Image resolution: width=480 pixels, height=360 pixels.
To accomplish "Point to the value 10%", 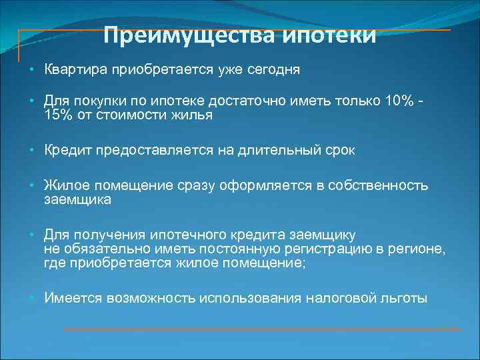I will coord(399,101).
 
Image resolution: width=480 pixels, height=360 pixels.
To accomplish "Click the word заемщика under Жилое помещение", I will coord(77,199).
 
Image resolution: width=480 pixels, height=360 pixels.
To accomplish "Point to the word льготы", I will coord(403,298).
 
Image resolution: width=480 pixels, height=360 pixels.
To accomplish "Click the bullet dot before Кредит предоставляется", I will coord(32,151).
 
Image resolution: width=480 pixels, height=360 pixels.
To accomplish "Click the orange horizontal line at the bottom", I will coord(261,329).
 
